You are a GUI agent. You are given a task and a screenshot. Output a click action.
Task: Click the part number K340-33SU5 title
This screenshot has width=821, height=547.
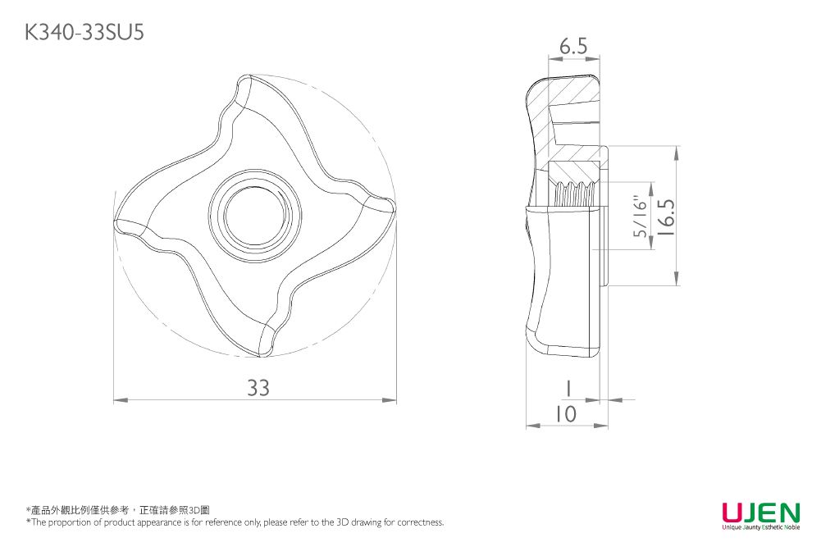coord(84,33)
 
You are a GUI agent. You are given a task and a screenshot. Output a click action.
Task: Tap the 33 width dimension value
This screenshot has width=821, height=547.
coord(258,388)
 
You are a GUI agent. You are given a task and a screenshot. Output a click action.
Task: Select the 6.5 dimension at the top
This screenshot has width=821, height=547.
coord(573,47)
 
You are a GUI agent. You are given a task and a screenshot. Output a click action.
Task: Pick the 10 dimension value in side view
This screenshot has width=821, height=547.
coord(565,414)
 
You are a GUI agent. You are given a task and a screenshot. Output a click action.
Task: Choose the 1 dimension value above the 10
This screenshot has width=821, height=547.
coord(568,389)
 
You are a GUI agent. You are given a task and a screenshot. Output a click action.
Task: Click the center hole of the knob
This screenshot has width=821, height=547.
coord(254,216)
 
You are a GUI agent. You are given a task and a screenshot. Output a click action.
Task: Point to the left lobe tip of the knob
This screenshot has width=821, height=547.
coord(117,225)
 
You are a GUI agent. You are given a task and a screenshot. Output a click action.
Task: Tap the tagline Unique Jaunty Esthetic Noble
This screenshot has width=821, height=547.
coord(761,527)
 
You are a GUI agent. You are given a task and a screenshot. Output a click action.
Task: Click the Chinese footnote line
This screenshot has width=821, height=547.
coord(118,510)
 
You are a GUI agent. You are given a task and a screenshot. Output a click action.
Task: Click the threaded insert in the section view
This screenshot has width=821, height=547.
coord(573,194)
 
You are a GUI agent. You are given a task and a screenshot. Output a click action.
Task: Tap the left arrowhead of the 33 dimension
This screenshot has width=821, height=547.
coord(120,400)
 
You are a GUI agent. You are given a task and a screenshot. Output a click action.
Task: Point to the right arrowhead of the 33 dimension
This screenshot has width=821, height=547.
coord(390,400)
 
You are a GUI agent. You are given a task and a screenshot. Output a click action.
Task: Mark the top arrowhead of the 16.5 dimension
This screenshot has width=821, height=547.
coord(677,153)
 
